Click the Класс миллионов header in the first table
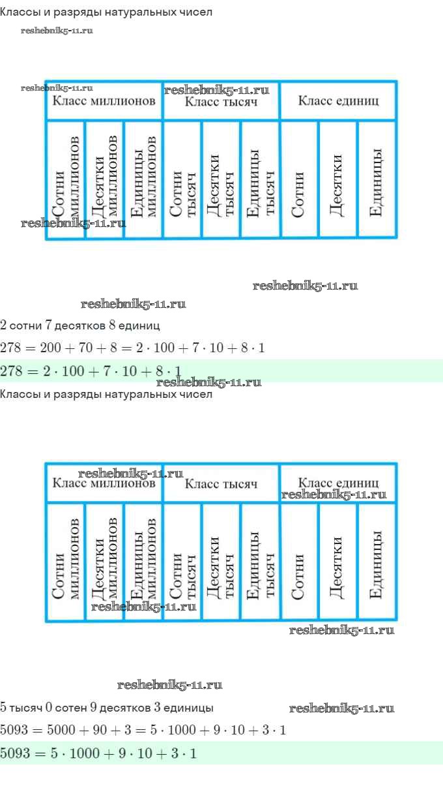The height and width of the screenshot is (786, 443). tap(104, 101)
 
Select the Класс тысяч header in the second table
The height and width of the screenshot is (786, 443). tap(221, 483)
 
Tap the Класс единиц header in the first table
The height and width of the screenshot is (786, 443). tap(338, 101)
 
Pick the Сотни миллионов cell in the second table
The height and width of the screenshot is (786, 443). tap(65, 561)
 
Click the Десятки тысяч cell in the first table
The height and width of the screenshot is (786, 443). tap(221, 179)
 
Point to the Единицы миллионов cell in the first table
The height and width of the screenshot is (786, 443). tap(143, 179)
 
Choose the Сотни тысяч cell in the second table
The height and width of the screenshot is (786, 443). tap(182, 561)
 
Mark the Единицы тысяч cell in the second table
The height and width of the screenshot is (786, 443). tap(260, 561)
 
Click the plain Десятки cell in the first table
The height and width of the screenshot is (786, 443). tap(338, 179)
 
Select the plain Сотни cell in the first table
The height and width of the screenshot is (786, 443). tap(299, 179)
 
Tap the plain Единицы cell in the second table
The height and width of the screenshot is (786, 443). tap(377, 561)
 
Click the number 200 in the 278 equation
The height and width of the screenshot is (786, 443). tap(50, 348)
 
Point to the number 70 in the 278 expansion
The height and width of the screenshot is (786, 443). tap(85, 348)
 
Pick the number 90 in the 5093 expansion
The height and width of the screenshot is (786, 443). tap(100, 730)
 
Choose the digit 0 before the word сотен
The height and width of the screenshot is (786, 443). tap(49, 707)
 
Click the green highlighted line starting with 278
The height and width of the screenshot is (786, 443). tap(221, 371)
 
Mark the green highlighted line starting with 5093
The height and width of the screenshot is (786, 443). tap(221, 753)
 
